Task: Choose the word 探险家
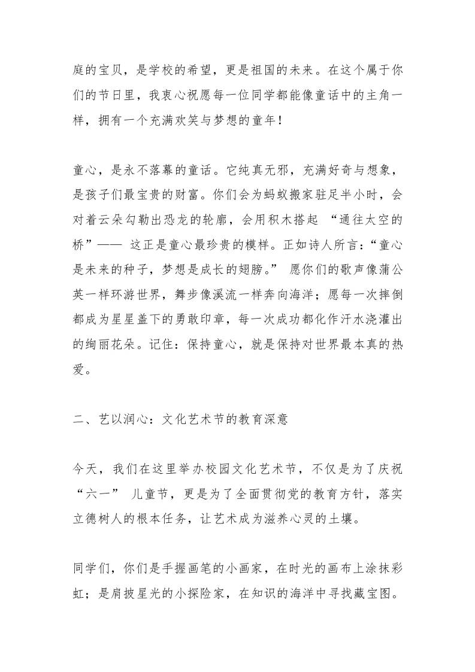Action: [210, 592]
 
